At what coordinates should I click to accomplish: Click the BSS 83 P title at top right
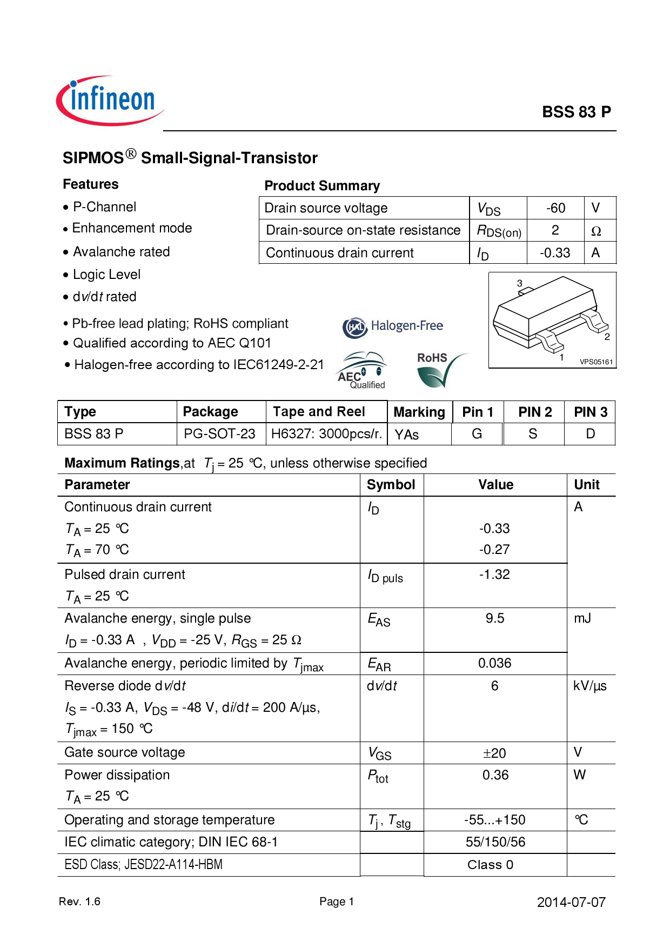tap(576, 112)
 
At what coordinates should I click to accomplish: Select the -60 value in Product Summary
tap(555, 208)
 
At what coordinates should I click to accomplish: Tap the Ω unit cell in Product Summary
tap(596, 231)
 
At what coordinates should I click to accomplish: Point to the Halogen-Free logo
tap(393, 326)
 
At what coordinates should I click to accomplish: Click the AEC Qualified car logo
tap(361, 370)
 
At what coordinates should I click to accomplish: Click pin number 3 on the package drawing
tap(519, 283)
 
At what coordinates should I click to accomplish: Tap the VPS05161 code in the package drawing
tap(596, 362)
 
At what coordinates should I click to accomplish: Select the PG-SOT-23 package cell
tap(219, 434)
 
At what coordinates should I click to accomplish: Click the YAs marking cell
tap(407, 435)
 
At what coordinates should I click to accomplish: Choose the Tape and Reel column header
tap(319, 412)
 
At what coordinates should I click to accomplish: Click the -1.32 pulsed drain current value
tap(494, 575)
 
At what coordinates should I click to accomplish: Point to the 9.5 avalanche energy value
tap(494, 618)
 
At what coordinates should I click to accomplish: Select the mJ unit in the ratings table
tap(582, 618)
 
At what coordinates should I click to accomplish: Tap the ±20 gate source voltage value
tap(494, 753)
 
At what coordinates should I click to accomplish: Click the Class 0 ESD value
tap(490, 865)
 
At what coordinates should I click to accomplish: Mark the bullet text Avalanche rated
tap(121, 252)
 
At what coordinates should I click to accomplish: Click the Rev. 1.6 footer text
tap(79, 902)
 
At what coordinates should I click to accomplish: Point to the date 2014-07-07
tap(571, 902)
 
